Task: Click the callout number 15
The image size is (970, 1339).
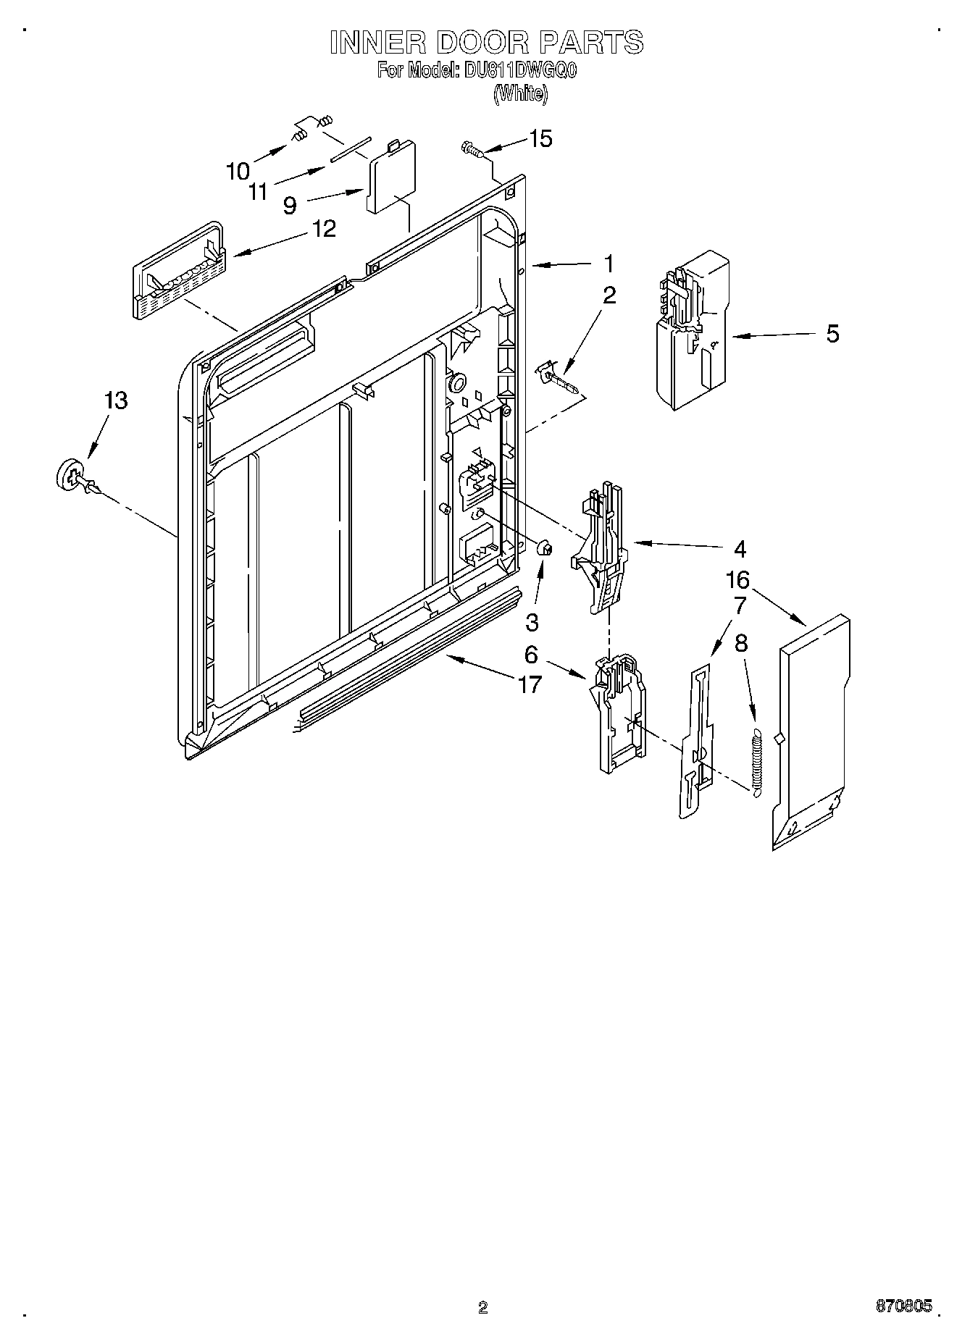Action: click(x=541, y=138)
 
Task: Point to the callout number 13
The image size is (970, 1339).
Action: click(x=116, y=400)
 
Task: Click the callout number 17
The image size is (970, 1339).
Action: click(x=530, y=684)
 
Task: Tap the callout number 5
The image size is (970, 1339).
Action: click(x=832, y=334)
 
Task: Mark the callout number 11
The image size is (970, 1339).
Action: click(x=258, y=191)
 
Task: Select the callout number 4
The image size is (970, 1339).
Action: click(x=739, y=549)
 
